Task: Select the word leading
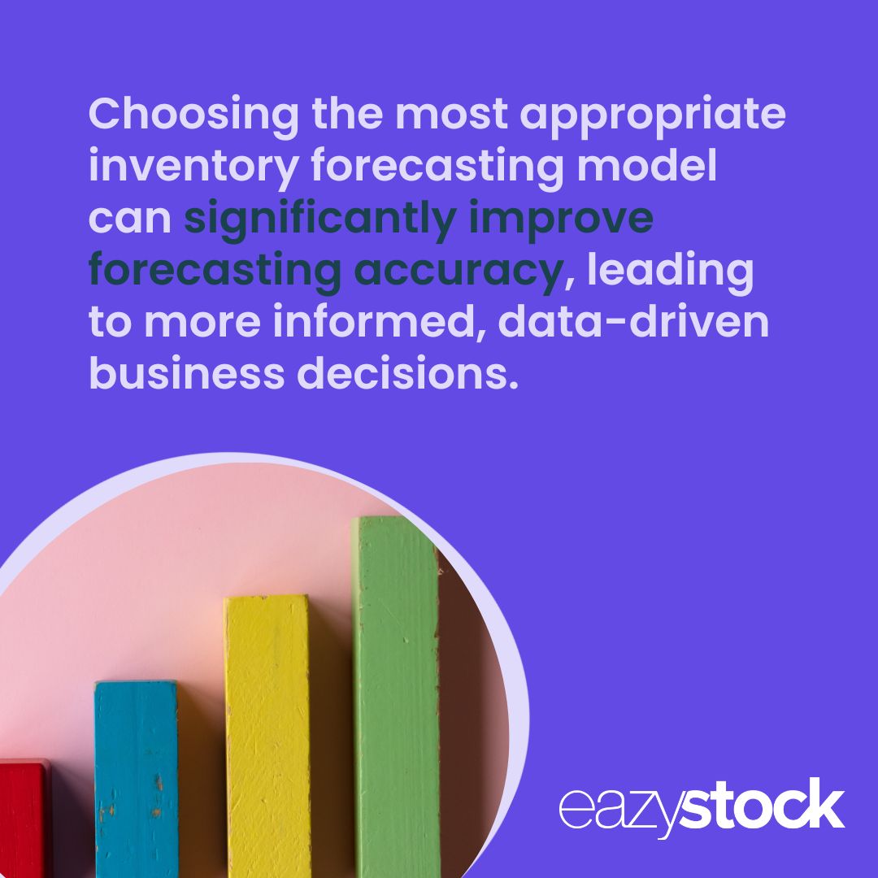click(x=670, y=272)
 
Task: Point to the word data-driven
click(x=633, y=324)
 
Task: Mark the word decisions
click(x=406, y=375)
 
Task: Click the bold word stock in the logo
click(x=761, y=807)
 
